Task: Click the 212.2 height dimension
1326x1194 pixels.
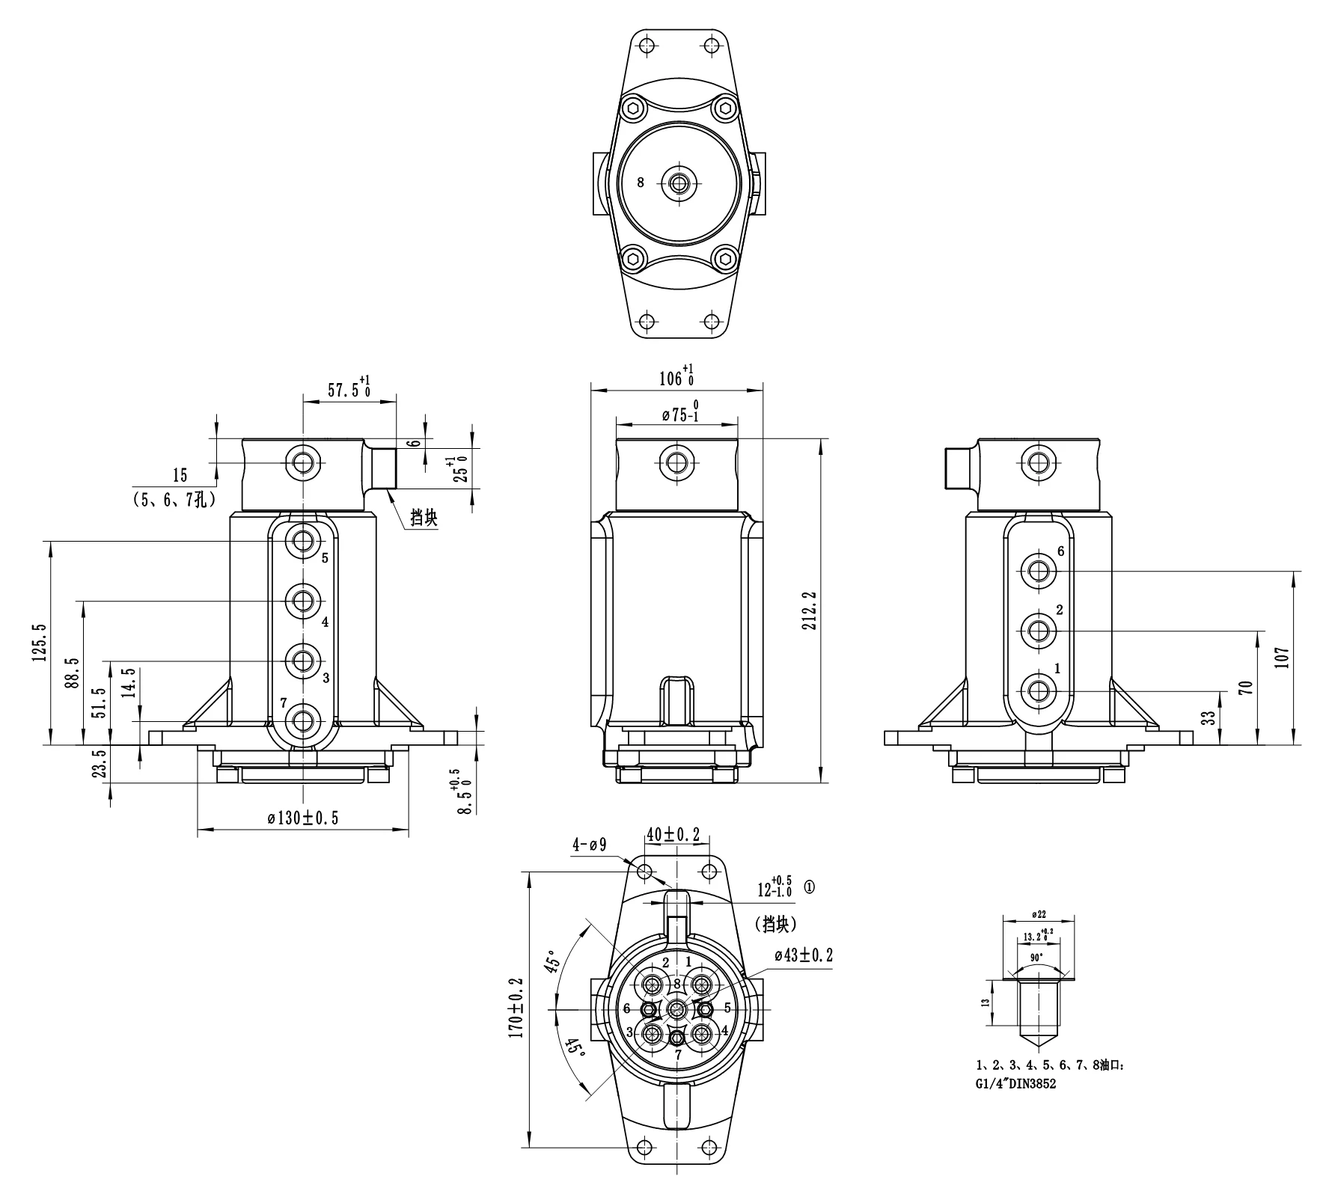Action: click(809, 610)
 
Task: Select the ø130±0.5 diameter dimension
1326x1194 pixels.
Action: click(303, 818)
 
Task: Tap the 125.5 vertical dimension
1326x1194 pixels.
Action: click(40, 642)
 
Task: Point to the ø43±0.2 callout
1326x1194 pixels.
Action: click(804, 955)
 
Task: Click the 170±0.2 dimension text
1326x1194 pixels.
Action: click(516, 1006)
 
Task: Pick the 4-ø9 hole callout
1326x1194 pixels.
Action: click(589, 845)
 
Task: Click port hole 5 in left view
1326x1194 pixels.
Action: click(303, 539)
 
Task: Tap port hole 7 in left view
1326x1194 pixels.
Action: click(303, 720)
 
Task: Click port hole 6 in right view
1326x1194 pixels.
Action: click(1037, 571)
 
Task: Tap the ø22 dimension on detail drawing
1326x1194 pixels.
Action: click(1038, 914)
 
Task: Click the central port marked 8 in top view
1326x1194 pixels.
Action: click(679, 183)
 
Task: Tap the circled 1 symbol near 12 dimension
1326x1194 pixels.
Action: click(810, 887)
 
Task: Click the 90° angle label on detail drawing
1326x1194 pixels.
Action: click(1037, 958)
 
